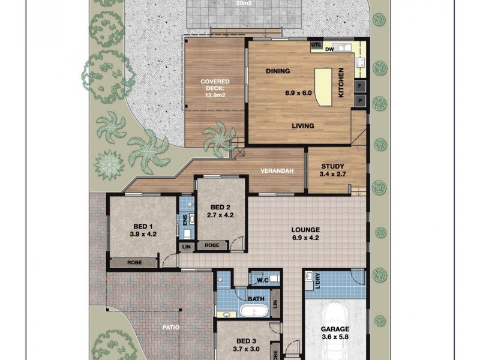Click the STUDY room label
332,167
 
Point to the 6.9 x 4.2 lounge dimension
305,238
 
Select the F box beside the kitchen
361,86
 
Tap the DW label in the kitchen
329,50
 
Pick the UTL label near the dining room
316,44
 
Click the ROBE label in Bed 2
211,245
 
